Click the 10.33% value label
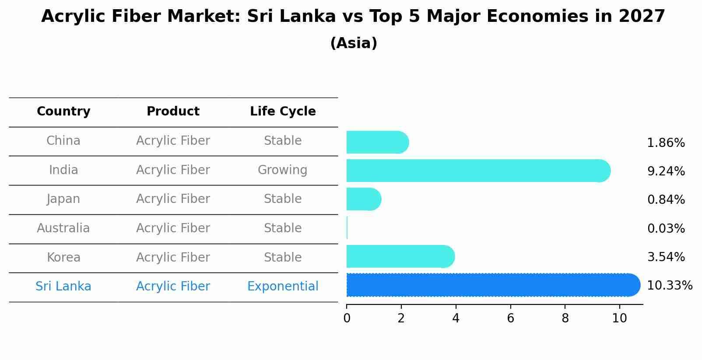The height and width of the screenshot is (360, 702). (669, 286)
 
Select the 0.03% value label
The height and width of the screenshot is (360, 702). (666, 228)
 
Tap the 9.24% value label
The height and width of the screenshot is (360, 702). (666, 171)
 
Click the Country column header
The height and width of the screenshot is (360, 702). (63, 112)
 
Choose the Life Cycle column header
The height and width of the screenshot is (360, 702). (283, 112)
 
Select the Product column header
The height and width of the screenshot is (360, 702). (173, 112)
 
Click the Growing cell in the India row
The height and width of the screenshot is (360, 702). (282, 170)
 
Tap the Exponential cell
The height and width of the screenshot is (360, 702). (283, 287)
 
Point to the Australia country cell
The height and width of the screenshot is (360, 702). (63, 228)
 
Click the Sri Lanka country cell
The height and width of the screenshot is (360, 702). (63, 287)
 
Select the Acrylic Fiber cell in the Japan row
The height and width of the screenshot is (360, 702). (173, 199)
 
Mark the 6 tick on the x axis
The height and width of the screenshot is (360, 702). (510, 318)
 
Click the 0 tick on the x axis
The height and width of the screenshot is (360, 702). (347, 318)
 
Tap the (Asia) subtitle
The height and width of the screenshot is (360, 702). (354, 43)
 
